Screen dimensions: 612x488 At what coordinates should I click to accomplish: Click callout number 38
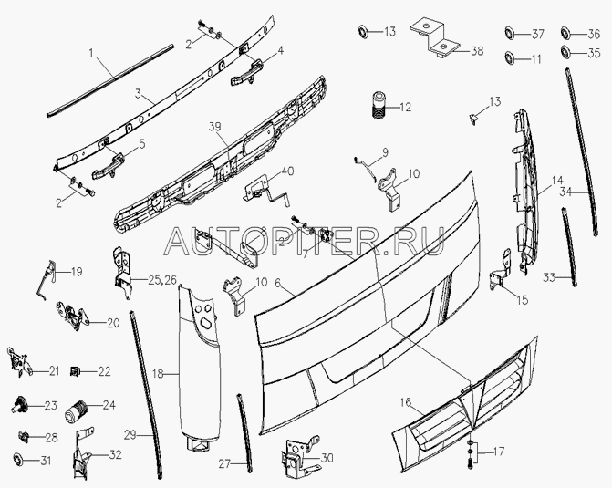[x=477, y=51]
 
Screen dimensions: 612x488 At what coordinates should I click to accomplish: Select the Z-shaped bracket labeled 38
[x=434, y=38]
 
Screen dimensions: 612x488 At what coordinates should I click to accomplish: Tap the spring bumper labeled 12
[x=378, y=106]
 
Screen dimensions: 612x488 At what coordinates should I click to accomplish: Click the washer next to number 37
[x=510, y=33]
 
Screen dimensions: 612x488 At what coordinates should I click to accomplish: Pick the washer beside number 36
[x=566, y=33]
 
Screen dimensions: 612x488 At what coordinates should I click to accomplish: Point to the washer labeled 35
[x=566, y=52]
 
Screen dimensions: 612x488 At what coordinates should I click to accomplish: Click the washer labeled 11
[x=510, y=57]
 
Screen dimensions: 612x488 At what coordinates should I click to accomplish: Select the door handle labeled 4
[x=247, y=73]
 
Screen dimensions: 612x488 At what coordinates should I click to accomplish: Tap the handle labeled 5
[x=109, y=165]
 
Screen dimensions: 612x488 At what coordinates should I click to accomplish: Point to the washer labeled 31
[x=18, y=461]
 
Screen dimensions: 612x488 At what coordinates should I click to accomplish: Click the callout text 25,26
[x=162, y=279]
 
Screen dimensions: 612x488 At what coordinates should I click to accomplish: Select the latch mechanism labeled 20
[x=70, y=315]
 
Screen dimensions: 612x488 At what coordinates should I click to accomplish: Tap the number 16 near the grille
[x=406, y=402]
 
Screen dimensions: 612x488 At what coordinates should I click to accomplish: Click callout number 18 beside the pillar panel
[x=158, y=374]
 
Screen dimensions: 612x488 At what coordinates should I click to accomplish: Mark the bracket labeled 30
[x=298, y=457]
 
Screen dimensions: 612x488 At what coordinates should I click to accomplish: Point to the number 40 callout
[x=287, y=171]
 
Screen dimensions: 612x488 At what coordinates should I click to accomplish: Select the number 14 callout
[x=557, y=181]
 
